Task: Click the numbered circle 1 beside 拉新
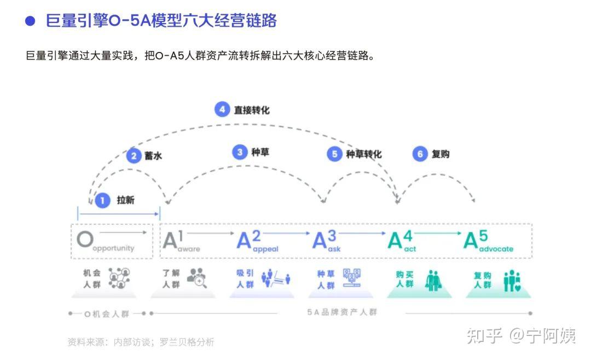tap(102, 201)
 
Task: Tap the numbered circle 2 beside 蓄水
tap(134, 156)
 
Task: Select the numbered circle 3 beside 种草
tap(240, 152)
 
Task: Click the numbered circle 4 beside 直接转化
tap(222, 109)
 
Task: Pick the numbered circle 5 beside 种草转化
tap(334, 154)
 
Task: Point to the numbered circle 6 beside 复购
tap(420, 154)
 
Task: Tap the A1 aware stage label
tap(181, 241)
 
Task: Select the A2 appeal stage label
tap(257, 241)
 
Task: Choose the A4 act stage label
tap(402, 241)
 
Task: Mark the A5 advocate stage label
tap(488, 241)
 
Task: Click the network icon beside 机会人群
tap(119, 278)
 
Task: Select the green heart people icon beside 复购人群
tap(512, 280)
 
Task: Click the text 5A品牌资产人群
tap(342, 313)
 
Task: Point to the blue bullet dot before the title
tap(31, 21)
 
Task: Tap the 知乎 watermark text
tap(484, 335)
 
